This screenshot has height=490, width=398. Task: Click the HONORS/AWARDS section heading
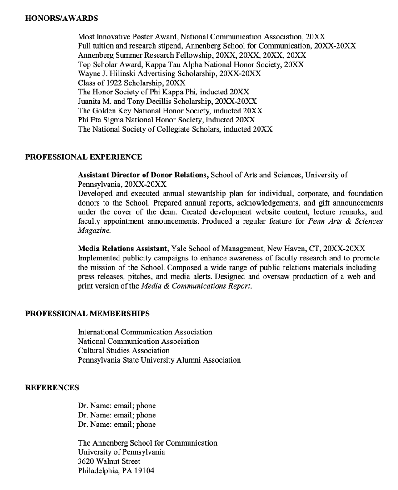[x=61, y=18]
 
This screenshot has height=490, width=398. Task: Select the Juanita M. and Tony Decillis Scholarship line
[x=167, y=101]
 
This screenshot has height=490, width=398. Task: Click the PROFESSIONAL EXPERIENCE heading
[x=84, y=157]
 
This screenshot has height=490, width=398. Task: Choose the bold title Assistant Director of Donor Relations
[x=143, y=175]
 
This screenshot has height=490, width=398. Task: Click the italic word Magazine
[x=94, y=230]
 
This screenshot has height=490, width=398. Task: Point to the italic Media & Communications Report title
[x=196, y=286]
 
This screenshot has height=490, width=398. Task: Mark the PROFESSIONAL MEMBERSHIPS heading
[x=87, y=314]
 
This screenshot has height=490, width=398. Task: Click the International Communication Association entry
[x=145, y=332]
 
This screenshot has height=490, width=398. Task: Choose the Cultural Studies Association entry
[x=124, y=350]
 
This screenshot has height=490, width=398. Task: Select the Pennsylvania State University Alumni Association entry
[x=159, y=360]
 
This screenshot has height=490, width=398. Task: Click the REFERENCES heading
[x=52, y=387]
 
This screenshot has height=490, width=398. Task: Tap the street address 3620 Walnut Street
[x=109, y=461]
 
